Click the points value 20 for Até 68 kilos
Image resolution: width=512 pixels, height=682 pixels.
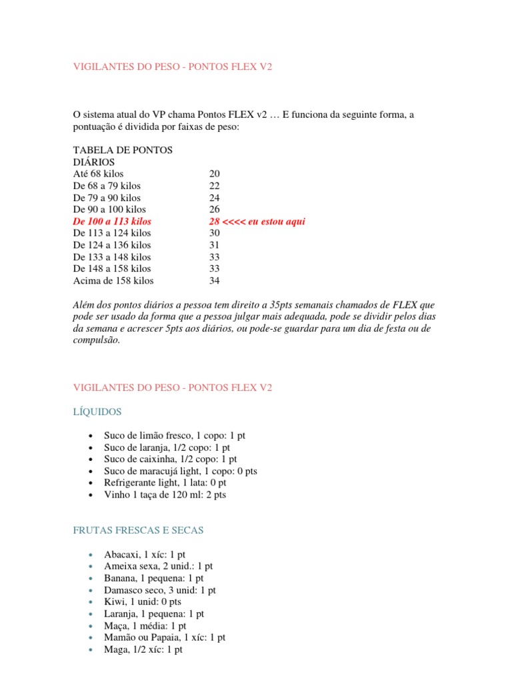[x=215, y=174]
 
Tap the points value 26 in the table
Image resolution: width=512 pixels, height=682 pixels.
[x=215, y=210]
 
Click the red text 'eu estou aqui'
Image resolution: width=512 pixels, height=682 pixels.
[x=275, y=222]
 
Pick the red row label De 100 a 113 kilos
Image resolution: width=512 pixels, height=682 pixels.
[x=112, y=222]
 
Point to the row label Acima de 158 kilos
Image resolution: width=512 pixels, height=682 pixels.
[x=113, y=281]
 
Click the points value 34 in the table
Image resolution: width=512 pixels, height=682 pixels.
[x=215, y=281]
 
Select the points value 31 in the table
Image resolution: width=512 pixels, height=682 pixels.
[x=215, y=245]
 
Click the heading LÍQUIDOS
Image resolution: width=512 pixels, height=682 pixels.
[x=97, y=412]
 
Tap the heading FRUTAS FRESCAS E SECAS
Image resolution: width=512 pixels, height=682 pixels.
[x=138, y=531]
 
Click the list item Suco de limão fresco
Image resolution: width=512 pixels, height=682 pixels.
[x=175, y=436]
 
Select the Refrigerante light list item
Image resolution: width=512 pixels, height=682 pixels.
[x=165, y=483]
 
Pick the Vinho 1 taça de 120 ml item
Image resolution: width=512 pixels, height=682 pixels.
[x=165, y=495]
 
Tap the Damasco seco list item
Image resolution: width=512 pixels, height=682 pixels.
[x=160, y=590]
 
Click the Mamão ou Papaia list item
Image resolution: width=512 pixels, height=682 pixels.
[x=165, y=637]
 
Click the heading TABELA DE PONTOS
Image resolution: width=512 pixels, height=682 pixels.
[x=123, y=151]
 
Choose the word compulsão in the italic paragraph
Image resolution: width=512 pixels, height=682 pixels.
[x=95, y=340]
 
